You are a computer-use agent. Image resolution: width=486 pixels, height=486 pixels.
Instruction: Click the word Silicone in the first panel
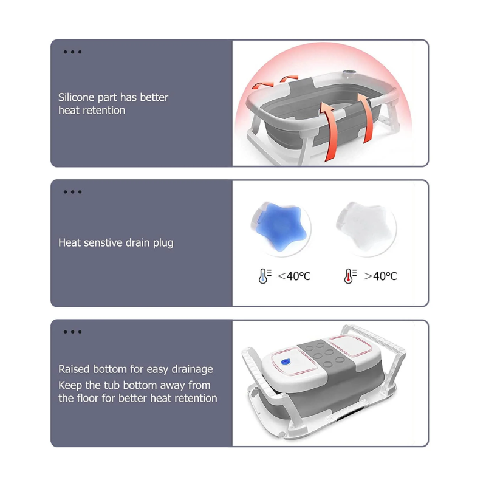point(77,97)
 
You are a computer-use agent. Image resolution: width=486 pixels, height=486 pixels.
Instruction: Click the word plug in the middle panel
point(163,244)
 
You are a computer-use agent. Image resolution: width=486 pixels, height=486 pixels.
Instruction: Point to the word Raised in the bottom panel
point(74,369)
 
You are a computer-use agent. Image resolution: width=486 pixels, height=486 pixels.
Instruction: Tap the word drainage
point(192,370)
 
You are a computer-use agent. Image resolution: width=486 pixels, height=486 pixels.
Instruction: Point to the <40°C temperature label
point(294,276)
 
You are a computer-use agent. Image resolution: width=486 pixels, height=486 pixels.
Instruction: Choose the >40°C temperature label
point(380,276)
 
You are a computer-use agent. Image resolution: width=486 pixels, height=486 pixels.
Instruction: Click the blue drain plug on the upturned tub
point(285,361)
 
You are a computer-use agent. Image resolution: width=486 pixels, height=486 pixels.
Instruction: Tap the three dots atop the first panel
point(72,52)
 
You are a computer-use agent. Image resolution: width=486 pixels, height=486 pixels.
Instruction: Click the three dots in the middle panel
point(72,192)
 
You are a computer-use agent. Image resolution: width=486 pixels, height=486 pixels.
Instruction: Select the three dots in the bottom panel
point(72,332)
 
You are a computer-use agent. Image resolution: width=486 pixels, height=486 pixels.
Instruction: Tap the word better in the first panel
point(154,97)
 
